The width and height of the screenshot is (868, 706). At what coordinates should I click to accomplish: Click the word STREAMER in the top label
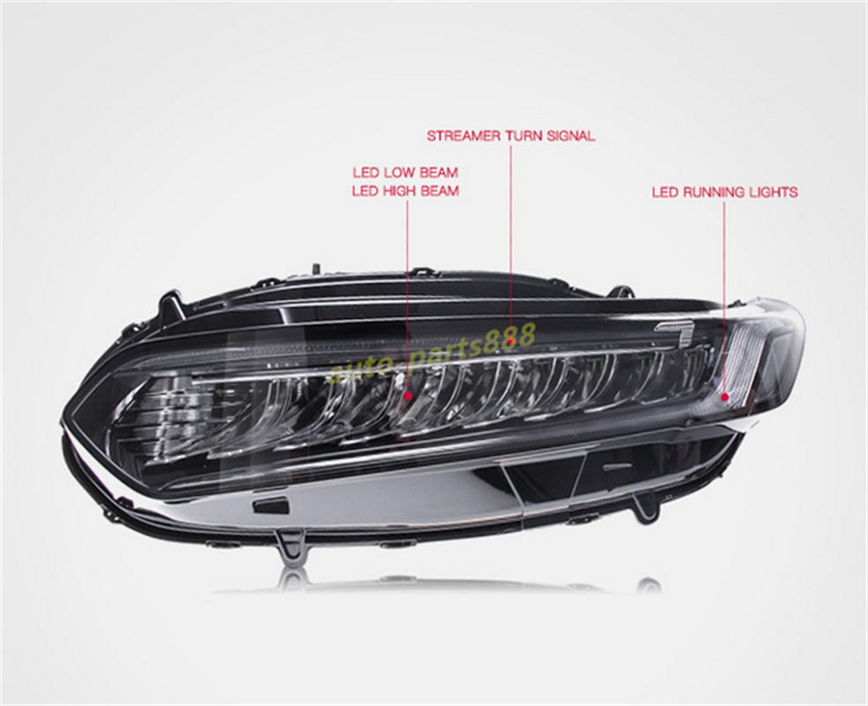point(464,136)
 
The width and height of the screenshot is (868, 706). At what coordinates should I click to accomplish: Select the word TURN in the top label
point(525,136)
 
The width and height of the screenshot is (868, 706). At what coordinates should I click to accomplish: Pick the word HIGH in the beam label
point(400,191)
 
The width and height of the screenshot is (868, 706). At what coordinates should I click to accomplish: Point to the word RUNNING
point(715,192)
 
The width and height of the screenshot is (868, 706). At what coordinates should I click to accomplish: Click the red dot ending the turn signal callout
point(511,323)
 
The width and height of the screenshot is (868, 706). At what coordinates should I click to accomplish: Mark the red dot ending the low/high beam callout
point(408,396)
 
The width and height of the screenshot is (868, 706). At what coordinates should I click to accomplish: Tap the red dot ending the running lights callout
point(725,396)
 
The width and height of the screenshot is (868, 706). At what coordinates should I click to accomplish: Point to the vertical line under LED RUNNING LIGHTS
point(724,291)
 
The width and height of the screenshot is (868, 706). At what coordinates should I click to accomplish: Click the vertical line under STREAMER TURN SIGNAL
point(511,229)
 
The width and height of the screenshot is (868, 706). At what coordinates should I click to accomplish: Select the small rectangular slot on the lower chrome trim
point(271,506)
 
